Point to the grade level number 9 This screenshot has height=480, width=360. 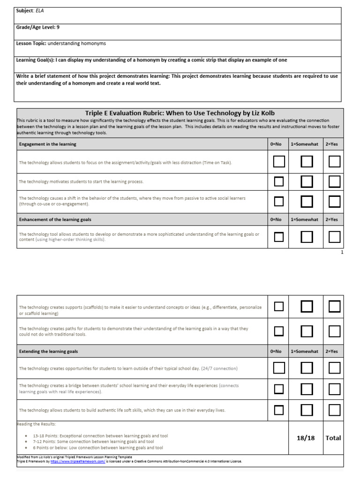point(58,27)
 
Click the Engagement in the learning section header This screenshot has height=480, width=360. point(47,144)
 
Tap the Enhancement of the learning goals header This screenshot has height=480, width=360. point(55,219)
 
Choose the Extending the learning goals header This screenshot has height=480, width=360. point(48,351)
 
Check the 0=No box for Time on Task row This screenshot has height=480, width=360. point(279,162)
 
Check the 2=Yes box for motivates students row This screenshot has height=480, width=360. point(334,181)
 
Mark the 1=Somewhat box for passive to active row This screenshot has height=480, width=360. point(307,201)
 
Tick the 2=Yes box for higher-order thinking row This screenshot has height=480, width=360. point(334,237)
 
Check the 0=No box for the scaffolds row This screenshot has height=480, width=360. point(279,307)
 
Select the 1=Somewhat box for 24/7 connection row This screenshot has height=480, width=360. point(307,368)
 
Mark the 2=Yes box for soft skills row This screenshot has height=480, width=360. point(334,410)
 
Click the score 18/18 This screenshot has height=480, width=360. point(306,438)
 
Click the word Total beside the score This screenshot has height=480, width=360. point(333,438)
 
